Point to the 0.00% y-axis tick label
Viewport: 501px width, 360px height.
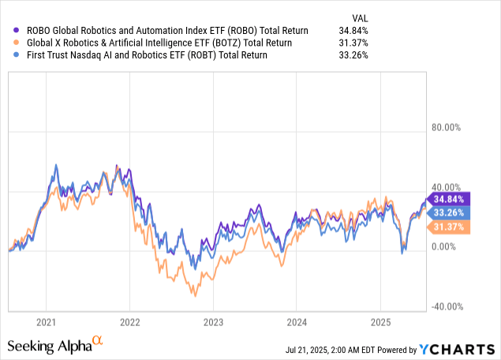coord(448,246)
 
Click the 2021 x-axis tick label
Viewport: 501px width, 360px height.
coord(46,322)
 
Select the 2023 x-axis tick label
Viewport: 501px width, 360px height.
coord(213,322)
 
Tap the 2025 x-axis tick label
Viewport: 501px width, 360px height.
coord(380,322)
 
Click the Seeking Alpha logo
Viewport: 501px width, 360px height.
coord(55,345)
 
